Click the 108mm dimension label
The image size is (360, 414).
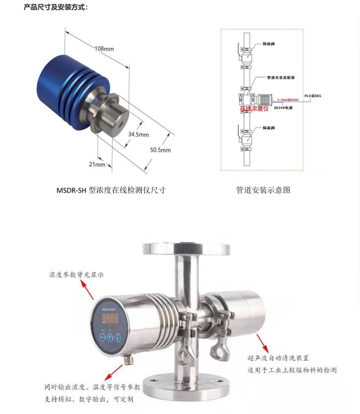pyautogui.click(x=104, y=49)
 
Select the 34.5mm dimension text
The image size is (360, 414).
pyautogui.click(x=139, y=134)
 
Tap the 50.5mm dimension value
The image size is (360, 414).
pyautogui.click(x=161, y=150)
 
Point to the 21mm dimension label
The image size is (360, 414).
pyautogui.click(x=97, y=164)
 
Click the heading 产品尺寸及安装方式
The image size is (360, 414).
pyautogui.click(x=55, y=7)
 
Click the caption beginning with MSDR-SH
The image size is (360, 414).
pyautogui.click(x=110, y=190)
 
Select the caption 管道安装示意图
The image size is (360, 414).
pyautogui.click(x=263, y=190)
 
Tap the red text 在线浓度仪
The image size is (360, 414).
pyautogui.click(x=255, y=109)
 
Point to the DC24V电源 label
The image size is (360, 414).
pyautogui.click(x=284, y=108)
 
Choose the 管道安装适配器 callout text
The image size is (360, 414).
pyautogui.click(x=279, y=78)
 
